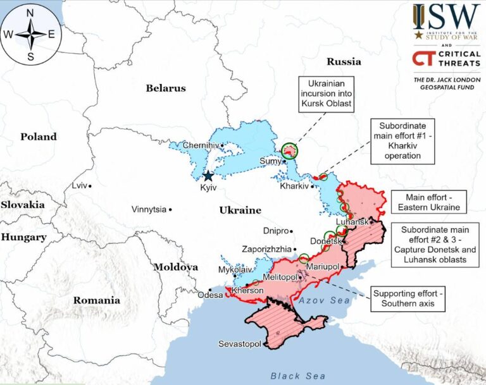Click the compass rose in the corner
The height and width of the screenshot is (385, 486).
[x=30, y=34]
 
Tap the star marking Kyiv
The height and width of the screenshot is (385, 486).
[x=208, y=176]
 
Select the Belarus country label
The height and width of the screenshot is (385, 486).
[x=166, y=88]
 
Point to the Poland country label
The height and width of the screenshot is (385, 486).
[x=38, y=137]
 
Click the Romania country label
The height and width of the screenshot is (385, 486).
[x=97, y=300]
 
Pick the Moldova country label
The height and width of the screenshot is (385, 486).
[x=176, y=267]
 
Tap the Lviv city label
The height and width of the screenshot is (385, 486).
[x=78, y=186]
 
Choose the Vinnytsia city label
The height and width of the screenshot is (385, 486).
[x=149, y=209]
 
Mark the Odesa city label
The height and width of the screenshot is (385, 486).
[x=210, y=295]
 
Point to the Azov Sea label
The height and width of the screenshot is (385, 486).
[x=326, y=300]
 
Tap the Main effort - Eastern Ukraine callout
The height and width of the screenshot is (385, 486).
[x=428, y=202]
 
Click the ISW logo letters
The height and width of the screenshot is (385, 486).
[x=446, y=16]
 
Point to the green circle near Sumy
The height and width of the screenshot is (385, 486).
[x=290, y=150]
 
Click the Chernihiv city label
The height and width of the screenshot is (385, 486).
[x=200, y=145]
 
